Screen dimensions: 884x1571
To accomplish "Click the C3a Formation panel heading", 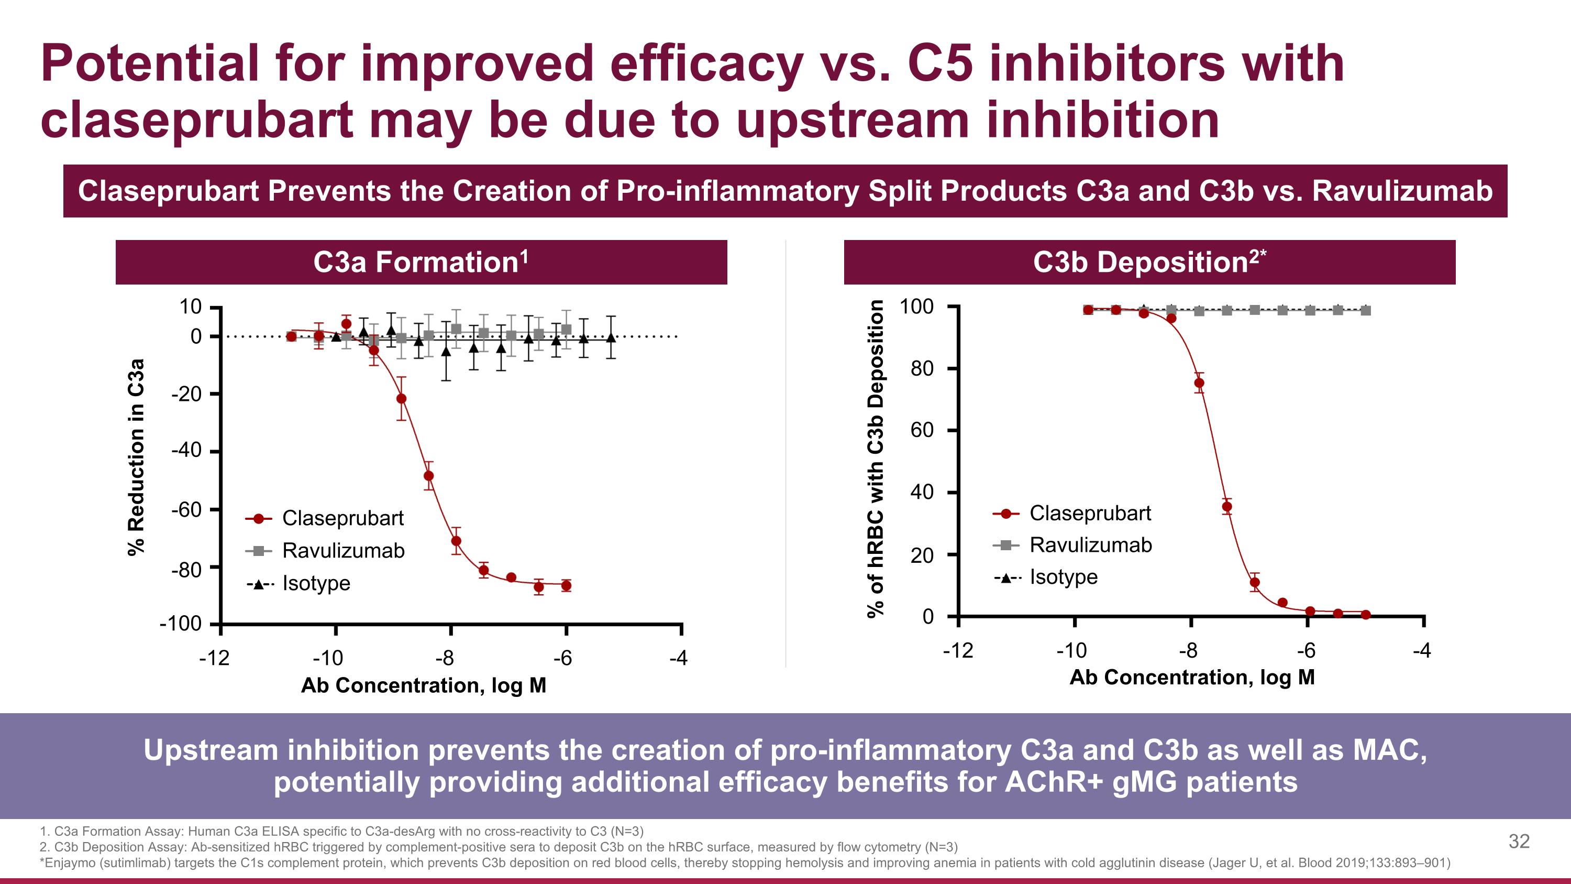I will (x=421, y=263).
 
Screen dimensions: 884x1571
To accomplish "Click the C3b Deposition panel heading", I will (x=1149, y=263).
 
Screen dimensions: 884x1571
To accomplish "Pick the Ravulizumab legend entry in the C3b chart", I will (x=1090, y=545).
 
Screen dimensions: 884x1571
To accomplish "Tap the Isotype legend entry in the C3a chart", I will (x=316, y=584).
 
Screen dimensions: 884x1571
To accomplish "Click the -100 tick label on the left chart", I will (x=181, y=624).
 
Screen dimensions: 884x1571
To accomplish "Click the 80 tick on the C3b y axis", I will (x=922, y=368).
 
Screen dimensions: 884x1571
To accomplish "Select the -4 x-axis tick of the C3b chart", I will (x=1422, y=651).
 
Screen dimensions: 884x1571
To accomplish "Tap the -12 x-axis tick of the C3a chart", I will (x=215, y=658).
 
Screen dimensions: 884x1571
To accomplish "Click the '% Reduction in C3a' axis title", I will (x=137, y=457).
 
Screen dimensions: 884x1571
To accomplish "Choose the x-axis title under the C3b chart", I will (x=1192, y=677).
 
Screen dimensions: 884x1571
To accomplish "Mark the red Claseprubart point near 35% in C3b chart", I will (x=1227, y=506).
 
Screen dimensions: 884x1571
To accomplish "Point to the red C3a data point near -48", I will (x=429, y=476).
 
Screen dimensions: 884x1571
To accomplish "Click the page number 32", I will (x=1519, y=842).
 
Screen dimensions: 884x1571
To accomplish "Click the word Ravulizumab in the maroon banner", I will (x=1401, y=191).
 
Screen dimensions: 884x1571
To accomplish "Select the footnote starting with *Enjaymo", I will (x=744, y=863).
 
